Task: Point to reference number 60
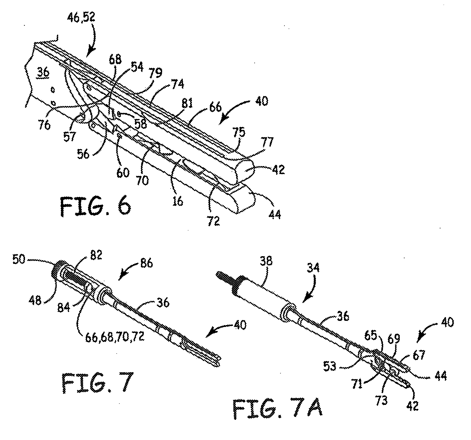click(x=123, y=173)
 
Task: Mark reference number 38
click(x=267, y=261)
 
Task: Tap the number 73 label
click(x=381, y=401)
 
